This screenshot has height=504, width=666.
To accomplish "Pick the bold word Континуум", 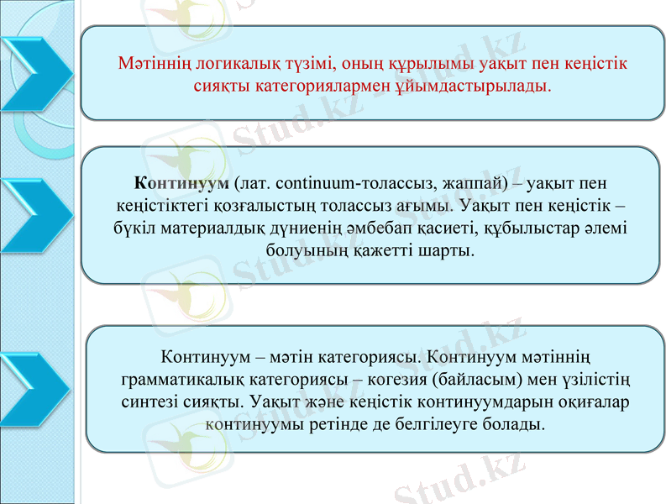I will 181,182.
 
